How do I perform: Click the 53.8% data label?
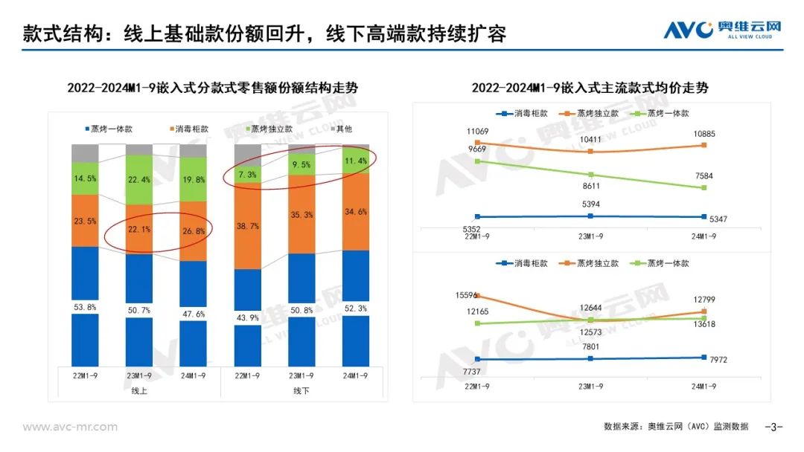click(84, 306)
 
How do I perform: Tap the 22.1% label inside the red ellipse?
click(138, 230)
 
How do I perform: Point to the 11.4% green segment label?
click(356, 161)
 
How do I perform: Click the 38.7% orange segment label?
click(248, 225)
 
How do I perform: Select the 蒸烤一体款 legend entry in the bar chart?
click(106, 129)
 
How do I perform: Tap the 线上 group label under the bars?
click(138, 391)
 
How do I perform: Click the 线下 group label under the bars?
click(301, 391)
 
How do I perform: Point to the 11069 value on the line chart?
click(477, 132)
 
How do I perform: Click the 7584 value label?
click(701, 176)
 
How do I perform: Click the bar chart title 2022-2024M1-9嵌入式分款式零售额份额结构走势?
click(212, 88)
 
